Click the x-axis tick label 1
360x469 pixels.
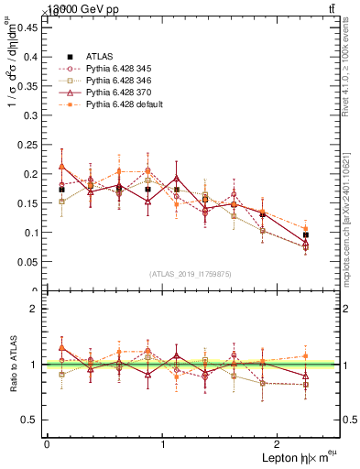pos(163,443)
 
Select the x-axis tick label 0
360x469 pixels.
pos(47,443)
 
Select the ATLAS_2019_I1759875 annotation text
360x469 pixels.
pos(190,273)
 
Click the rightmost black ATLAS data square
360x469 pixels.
pos(305,235)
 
